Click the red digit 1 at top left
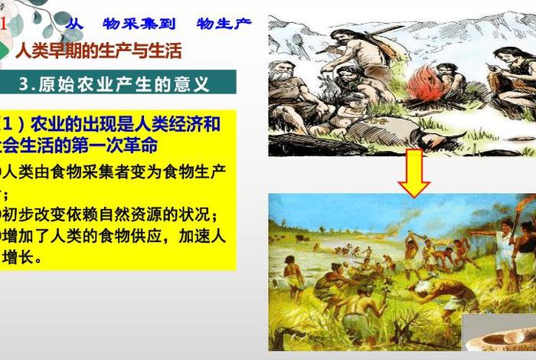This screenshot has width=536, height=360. (x=4, y=24)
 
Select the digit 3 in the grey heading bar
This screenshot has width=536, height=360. (x=24, y=83)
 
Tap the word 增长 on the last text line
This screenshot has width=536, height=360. (x=22, y=257)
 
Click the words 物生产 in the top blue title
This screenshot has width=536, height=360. (x=224, y=24)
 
